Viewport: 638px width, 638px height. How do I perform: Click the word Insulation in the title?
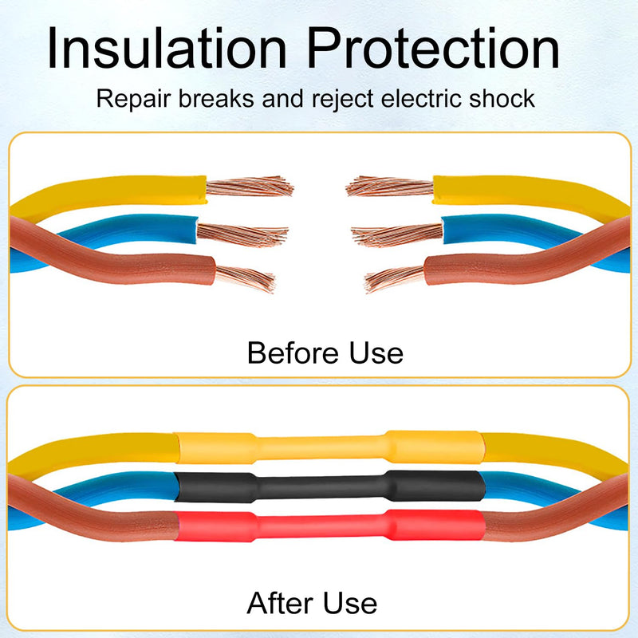click(167, 48)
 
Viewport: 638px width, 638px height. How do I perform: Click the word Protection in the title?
click(433, 48)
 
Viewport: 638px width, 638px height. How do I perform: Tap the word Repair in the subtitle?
click(133, 99)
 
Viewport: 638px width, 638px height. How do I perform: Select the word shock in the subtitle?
click(502, 98)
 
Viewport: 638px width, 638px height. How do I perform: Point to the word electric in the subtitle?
click(422, 98)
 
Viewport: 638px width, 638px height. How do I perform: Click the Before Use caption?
click(325, 352)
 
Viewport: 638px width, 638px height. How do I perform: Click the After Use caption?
click(312, 603)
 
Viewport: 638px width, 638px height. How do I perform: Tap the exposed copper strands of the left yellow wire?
click(250, 187)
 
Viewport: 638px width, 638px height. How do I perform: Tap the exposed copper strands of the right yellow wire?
click(389, 187)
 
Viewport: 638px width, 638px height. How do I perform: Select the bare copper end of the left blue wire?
click(242, 234)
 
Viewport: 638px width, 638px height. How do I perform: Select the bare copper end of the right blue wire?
click(396, 234)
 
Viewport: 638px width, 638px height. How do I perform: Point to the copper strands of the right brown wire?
click(394, 278)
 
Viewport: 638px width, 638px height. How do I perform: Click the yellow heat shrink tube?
click(330, 447)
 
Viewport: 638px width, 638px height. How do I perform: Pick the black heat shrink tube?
click(330, 486)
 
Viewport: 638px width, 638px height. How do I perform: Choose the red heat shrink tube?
click(330, 526)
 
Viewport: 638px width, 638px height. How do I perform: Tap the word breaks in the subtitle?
click(216, 98)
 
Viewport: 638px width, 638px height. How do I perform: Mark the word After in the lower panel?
click(280, 603)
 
